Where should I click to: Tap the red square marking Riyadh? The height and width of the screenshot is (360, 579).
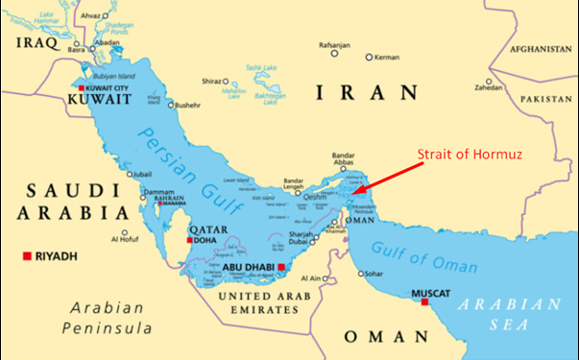26,256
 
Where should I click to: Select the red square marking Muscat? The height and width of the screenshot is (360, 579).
423,302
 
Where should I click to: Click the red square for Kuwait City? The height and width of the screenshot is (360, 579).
80,88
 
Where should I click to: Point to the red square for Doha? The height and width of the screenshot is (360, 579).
190,240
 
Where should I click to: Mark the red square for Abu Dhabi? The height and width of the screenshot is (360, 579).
282,267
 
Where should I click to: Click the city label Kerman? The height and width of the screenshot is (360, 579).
386,58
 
